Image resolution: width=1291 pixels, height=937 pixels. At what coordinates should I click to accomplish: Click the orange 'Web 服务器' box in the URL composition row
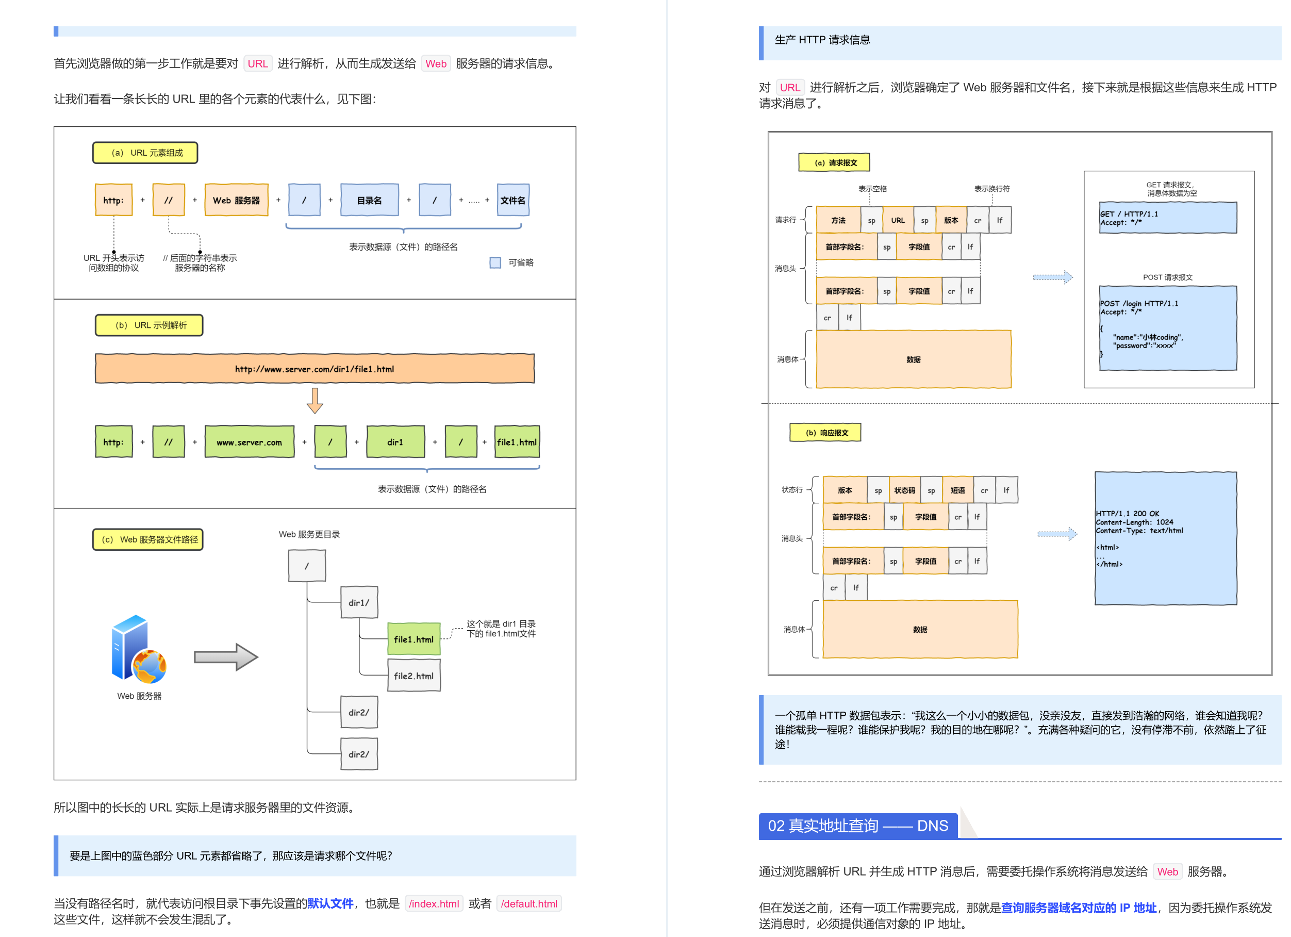[236, 200]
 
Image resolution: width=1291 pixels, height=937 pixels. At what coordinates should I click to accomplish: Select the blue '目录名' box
[370, 200]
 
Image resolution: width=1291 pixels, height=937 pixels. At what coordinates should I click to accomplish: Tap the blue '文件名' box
[513, 200]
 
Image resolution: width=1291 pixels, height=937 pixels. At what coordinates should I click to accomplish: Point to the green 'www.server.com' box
[250, 442]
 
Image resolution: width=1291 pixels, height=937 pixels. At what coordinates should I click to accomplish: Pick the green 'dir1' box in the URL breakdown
[395, 442]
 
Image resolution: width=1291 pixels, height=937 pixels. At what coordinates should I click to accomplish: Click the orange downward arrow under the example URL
[315, 401]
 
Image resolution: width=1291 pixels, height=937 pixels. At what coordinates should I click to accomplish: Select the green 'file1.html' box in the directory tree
[414, 639]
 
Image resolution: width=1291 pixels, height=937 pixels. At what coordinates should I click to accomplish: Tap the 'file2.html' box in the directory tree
[414, 675]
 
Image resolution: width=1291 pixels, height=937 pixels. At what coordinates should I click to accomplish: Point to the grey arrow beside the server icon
[226, 657]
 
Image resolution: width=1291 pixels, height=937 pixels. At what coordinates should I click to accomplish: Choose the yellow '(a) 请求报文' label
[834, 162]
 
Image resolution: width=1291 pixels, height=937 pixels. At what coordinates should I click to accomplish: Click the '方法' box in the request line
[838, 220]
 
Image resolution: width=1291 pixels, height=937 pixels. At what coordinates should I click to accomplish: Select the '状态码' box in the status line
[904, 490]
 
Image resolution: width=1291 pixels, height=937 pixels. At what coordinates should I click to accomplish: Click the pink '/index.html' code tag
[434, 903]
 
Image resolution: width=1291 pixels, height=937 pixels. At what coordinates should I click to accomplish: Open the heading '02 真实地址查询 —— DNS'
[858, 826]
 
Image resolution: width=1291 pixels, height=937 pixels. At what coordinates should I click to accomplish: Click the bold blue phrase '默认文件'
[330, 903]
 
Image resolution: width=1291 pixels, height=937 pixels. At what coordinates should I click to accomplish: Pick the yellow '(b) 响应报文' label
[825, 432]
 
